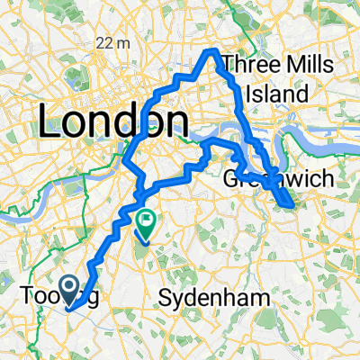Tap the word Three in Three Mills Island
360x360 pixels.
click(x=249, y=64)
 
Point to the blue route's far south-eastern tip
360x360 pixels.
click(x=291, y=207)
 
